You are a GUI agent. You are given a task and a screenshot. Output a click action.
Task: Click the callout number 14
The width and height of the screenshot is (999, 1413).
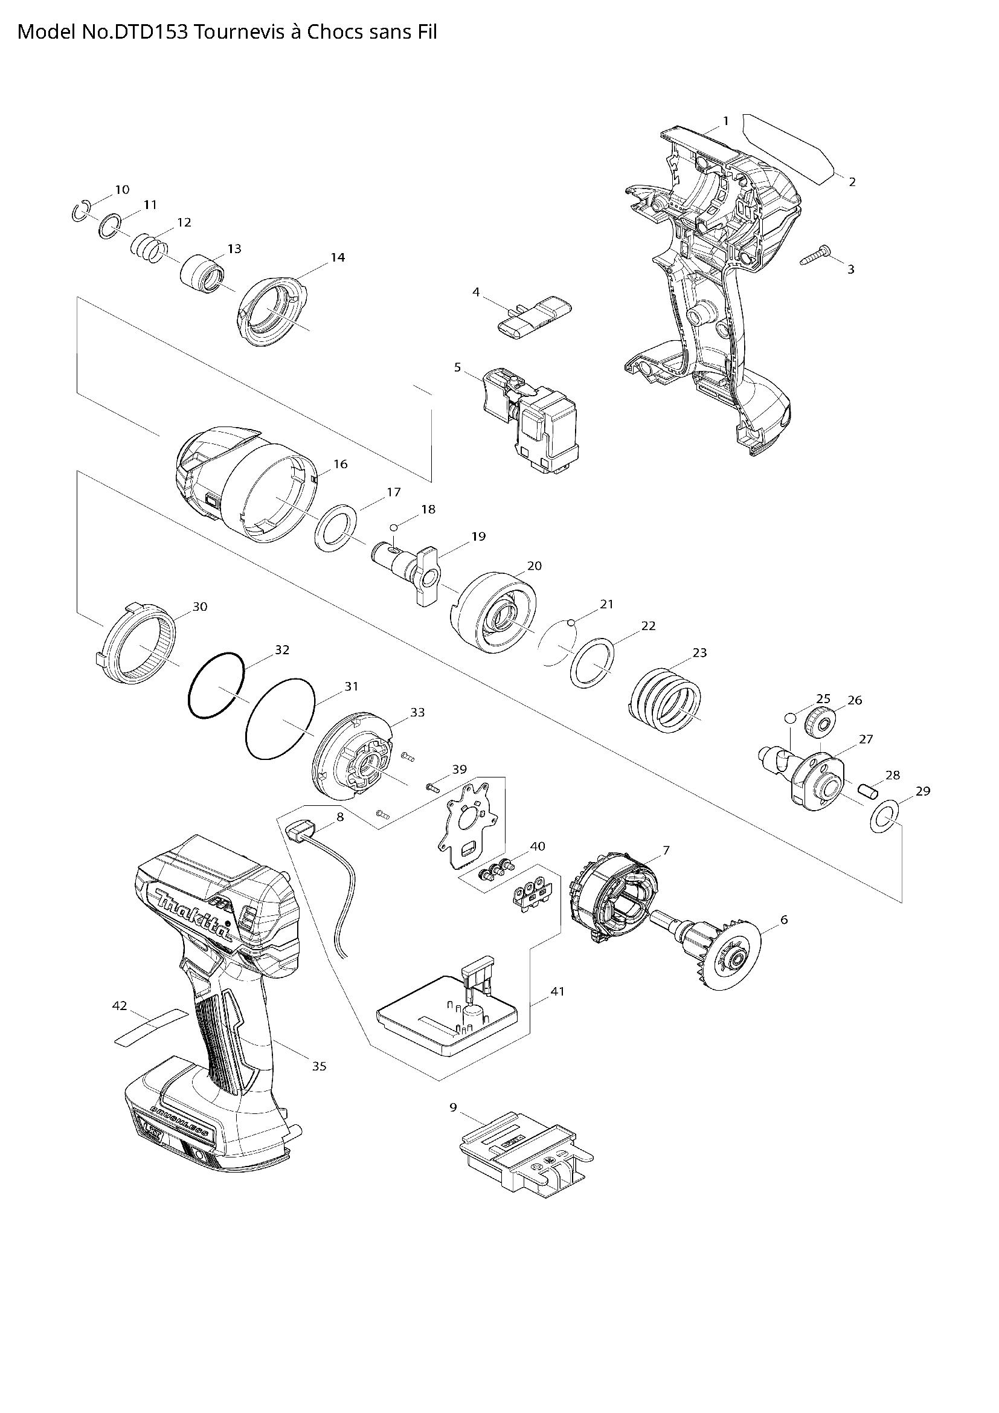click(x=337, y=257)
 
